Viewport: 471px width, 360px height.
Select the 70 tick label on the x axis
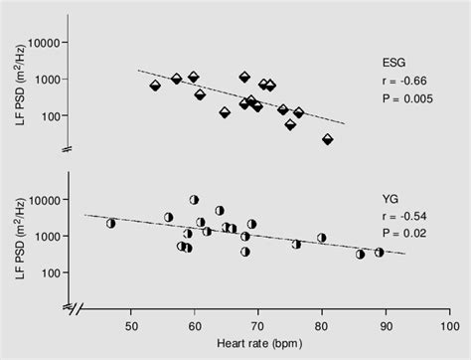(257, 324)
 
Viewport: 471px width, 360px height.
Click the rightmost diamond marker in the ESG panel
(328, 139)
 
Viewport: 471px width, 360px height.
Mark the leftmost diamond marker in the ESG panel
(155, 86)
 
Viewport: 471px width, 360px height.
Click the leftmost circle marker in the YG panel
(111, 223)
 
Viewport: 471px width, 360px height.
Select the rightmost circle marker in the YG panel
(380, 253)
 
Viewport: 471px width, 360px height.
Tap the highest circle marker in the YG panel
(194, 200)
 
